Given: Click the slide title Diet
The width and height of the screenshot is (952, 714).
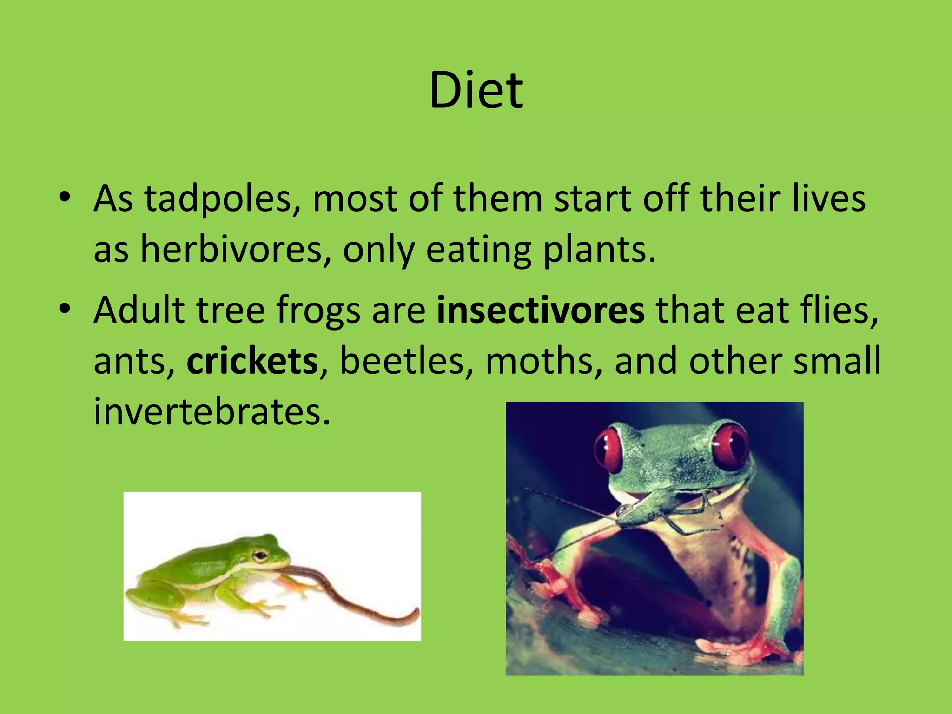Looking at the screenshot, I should tap(476, 91).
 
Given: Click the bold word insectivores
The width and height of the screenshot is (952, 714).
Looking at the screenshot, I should tap(541, 311).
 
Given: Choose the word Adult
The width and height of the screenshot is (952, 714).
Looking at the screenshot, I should tap(139, 311).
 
